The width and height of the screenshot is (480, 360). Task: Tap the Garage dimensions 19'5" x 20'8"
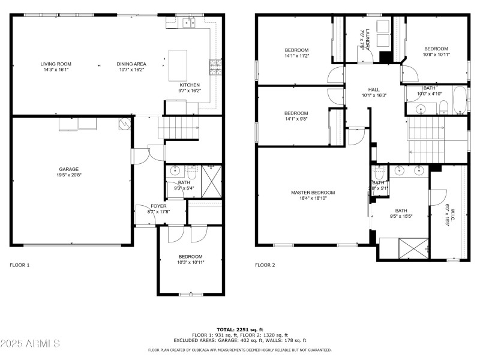coord(68,175)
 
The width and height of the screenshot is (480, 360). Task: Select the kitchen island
coord(178,64)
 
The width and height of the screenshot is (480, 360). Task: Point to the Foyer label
coord(158,205)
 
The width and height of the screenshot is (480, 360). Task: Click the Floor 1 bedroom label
coord(190,256)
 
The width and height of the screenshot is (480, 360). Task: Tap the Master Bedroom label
coord(313,193)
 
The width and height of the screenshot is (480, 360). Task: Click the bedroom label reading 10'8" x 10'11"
coord(436,49)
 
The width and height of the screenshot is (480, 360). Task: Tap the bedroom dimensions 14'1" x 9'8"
coord(296,119)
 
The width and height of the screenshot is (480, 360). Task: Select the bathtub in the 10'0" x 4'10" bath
coord(459,101)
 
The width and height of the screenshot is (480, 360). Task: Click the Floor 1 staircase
coord(178,128)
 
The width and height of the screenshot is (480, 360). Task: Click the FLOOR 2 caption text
coord(265,265)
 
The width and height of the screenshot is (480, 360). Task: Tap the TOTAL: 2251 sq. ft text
coord(240,329)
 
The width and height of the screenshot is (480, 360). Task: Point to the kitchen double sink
coord(190,23)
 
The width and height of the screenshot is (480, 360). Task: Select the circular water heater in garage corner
coord(124,124)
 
